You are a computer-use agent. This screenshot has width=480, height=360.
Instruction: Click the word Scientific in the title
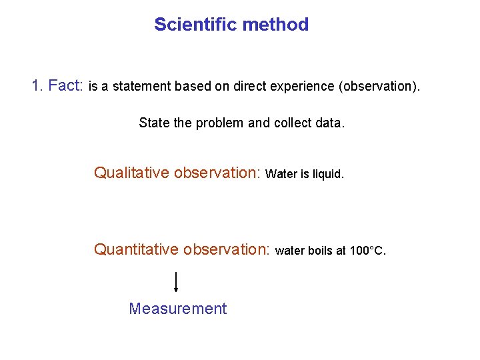coord(196,25)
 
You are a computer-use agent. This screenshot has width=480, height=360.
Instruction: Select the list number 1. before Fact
coord(38,86)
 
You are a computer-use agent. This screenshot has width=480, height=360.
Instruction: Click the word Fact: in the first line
coord(66,86)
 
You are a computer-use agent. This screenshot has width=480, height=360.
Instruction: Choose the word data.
coord(330,123)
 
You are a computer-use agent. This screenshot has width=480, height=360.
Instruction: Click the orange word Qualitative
coord(131,173)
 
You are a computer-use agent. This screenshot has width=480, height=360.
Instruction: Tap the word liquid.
coord(327,174)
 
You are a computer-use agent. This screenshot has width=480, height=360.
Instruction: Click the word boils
coord(320,251)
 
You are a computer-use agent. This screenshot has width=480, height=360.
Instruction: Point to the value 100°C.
coord(367,251)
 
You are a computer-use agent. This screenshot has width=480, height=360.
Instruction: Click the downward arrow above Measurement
coord(175,282)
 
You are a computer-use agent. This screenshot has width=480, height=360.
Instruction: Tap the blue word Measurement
coord(177,309)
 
